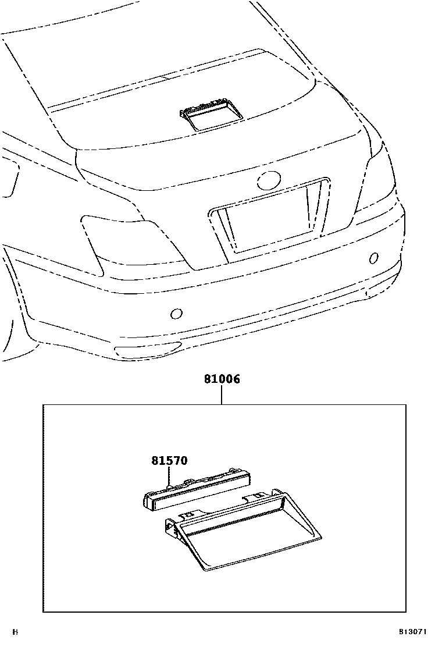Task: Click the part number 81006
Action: (222, 379)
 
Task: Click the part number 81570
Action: (170, 461)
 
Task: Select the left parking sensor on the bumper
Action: (176, 314)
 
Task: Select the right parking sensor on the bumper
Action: (374, 258)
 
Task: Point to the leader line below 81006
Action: (222, 396)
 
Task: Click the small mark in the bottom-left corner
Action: (16, 631)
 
